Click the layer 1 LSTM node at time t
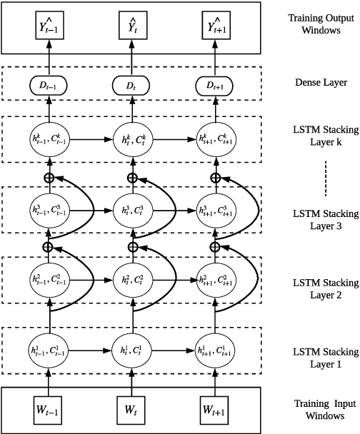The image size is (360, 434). (x=132, y=351)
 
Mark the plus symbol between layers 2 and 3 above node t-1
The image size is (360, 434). (x=49, y=246)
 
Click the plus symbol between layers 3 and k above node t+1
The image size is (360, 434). (x=214, y=177)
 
